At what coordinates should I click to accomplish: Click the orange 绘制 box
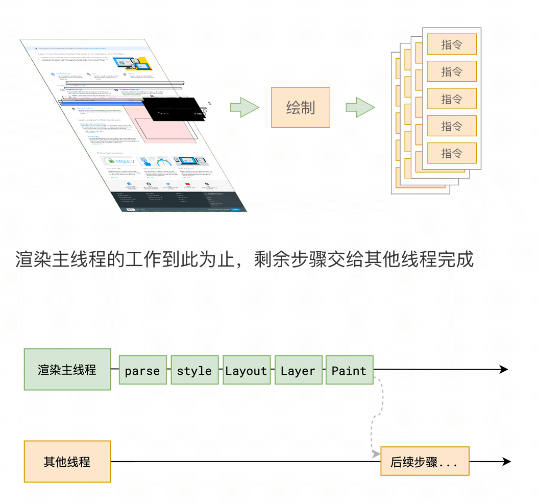300,107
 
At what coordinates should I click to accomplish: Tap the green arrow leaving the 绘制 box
360,107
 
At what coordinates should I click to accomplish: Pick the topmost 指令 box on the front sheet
451,44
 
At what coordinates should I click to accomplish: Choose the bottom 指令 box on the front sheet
451,153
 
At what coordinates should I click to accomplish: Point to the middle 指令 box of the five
451,99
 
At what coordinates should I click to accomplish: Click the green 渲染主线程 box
67,370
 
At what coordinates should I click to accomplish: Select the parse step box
142,370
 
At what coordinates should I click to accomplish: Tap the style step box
194,370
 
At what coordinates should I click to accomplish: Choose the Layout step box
246,370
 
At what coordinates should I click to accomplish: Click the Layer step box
298,370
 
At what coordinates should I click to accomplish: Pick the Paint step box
349,370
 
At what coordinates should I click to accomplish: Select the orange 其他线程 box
67,462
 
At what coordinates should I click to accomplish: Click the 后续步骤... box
424,462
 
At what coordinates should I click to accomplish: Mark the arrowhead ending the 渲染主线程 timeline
504,369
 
